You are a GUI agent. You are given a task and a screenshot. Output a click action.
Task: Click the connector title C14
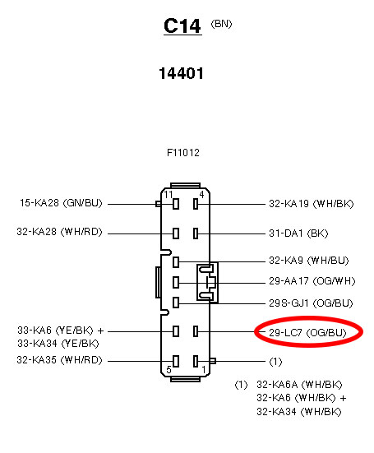click(x=182, y=26)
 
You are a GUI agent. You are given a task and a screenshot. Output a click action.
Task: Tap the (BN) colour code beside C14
click(x=221, y=24)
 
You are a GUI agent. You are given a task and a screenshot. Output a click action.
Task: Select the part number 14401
click(x=182, y=73)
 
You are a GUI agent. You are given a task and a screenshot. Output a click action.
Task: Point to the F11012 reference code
click(x=183, y=153)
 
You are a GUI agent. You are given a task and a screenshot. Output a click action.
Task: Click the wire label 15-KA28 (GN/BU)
click(x=61, y=203)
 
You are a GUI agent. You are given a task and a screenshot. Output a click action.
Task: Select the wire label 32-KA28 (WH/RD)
click(x=59, y=232)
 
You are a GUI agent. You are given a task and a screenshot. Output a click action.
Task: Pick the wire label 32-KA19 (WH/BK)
click(x=312, y=204)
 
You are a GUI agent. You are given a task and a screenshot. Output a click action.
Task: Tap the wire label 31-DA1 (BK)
click(x=298, y=233)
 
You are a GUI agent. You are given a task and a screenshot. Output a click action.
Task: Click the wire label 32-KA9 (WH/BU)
click(x=309, y=261)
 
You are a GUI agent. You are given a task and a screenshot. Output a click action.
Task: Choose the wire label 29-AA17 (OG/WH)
click(x=312, y=281)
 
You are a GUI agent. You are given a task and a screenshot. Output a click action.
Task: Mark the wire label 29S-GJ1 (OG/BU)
click(x=311, y=303)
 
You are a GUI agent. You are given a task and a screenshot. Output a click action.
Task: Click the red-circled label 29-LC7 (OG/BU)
click(x=307, y=333)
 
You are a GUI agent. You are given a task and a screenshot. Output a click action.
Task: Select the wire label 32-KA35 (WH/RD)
click(x=59, y=360)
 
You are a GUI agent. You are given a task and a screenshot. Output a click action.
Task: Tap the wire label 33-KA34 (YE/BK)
click(x=58, y=344)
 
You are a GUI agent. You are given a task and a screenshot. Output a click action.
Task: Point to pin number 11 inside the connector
click(x=168, y=194)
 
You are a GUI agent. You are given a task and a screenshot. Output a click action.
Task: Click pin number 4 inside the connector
click(x=201, y=194)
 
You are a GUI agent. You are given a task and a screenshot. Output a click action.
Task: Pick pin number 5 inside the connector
click(x=169, y=369)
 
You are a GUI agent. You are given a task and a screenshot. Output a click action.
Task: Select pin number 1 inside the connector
click(x=204, y=369)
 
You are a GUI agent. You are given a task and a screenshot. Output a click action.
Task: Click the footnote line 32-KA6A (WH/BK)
click(x=299, y=385)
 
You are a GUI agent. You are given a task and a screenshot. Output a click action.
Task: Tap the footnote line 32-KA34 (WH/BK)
click(x=299, y=412)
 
